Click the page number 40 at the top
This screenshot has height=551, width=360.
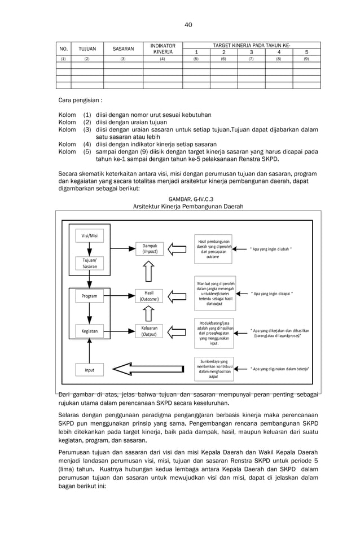[188, 24]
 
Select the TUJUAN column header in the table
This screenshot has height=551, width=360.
[87, 49]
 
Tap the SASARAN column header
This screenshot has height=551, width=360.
[123, 49]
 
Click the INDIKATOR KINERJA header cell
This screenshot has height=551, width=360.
[163, 49]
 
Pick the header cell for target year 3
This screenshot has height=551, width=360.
[251, 52]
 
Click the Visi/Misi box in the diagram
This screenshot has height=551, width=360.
[89, 236]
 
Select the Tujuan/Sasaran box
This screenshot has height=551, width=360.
[89, 263]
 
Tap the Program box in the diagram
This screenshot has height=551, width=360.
[89, 296]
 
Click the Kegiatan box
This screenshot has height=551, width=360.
[89, 331]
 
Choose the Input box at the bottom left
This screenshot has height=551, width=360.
[89, 370]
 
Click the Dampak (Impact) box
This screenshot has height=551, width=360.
[150, 249]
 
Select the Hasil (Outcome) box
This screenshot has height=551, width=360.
[150, 296]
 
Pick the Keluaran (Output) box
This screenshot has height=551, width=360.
[150, 331]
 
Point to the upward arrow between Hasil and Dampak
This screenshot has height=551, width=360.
[149, 272]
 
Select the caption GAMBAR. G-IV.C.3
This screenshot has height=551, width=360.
[188, 199]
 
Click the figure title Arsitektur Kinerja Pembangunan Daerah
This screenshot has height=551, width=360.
[188, 207]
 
